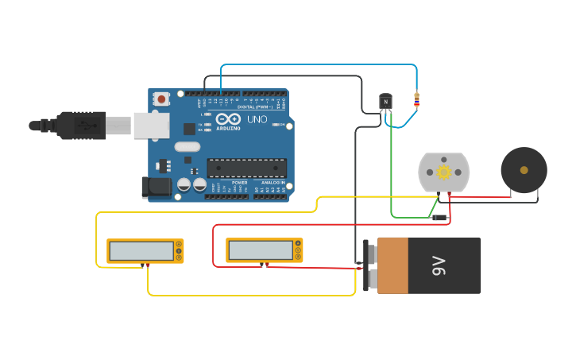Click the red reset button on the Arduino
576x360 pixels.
click(161, 99)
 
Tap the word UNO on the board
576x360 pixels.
click(257, 119)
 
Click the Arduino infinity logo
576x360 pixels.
click(227, 118)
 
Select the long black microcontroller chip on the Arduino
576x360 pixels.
click(246, 168)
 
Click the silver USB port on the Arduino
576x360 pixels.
click(151, 126)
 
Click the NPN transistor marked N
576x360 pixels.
click(385, 102)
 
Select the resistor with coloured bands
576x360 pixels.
click(416, 100)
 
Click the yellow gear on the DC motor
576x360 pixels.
click(443, 172)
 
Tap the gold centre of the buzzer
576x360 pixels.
click(524, 169)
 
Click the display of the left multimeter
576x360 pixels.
click(141, 251)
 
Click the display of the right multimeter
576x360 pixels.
click(260, 250)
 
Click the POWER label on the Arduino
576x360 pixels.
click(239, 183)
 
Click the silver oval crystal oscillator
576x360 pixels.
click(187, 146)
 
